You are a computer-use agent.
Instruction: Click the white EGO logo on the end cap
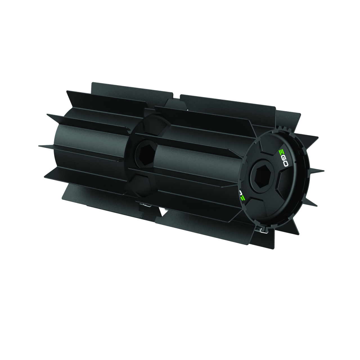click(284, 158)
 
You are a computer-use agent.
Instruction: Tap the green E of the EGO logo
click(281, 152)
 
